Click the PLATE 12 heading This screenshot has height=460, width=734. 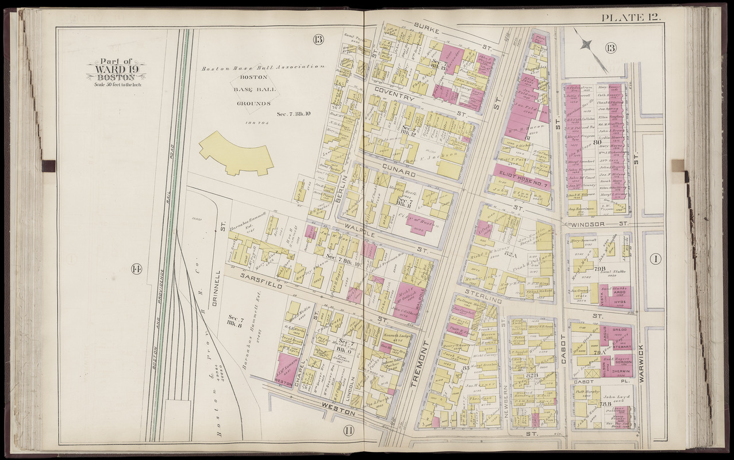(x=631, y=18)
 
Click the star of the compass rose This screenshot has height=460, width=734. (x=586, y=43)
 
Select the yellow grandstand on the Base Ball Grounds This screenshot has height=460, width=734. (x=236, y=152)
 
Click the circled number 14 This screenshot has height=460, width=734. (x=136, y=269)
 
